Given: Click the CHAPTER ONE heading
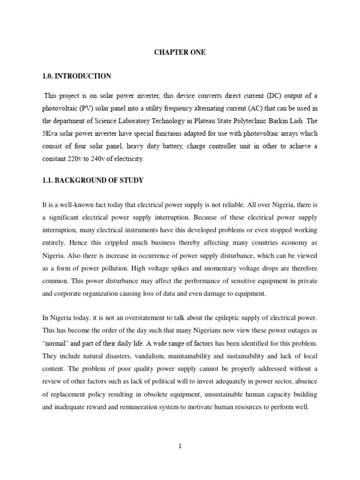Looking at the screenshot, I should (180, 52).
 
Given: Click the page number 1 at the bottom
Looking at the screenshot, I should (180, 446).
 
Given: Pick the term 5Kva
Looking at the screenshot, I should (51, 134).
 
